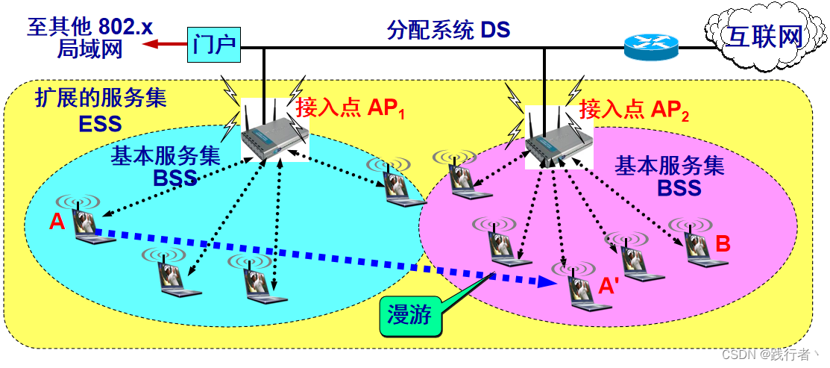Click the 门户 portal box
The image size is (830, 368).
(x=213, y=45)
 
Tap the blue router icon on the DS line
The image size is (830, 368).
(x=651, y=49)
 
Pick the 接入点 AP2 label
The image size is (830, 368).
(x=634, y=110)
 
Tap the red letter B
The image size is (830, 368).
(x=723, y=243)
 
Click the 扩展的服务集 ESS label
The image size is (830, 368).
(x=101, y=110)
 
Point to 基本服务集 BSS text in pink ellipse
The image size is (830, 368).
(x=669, y=176)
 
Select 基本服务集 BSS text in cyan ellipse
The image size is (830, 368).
(x=166, y=166)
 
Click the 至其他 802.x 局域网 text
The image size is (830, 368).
(x=89, y=38)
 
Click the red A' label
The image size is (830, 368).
(x=609, y=286)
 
